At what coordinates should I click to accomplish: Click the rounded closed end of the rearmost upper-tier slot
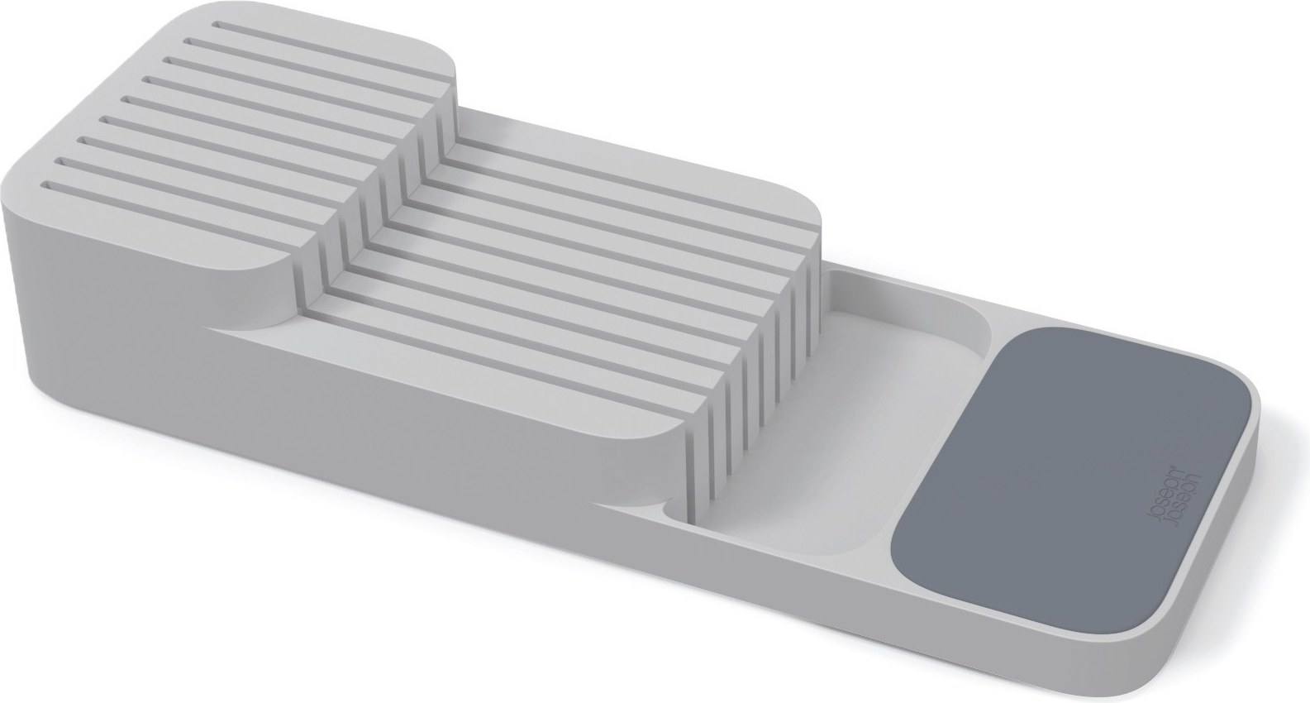point(215,25)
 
